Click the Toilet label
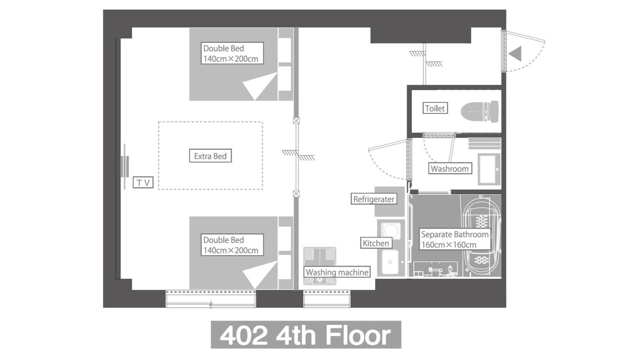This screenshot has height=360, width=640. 435,108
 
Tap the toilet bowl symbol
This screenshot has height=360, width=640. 479,111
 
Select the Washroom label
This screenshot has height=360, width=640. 449,168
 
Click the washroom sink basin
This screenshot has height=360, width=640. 489,169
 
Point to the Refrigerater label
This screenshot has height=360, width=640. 373,199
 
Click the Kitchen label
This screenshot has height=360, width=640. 376,243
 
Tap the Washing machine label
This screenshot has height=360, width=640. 337,272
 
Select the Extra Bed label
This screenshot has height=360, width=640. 210,156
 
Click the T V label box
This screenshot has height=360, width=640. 143,182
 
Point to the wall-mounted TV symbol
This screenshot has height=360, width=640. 124,166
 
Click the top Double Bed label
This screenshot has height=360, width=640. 232,53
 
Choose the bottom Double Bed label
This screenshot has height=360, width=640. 232,245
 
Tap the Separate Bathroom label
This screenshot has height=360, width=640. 455,239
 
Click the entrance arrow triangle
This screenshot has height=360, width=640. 515,53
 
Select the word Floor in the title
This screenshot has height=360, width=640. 358,335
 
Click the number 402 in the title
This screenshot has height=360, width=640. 243,335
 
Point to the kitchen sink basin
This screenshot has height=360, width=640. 389,262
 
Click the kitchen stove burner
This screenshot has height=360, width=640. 390,230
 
